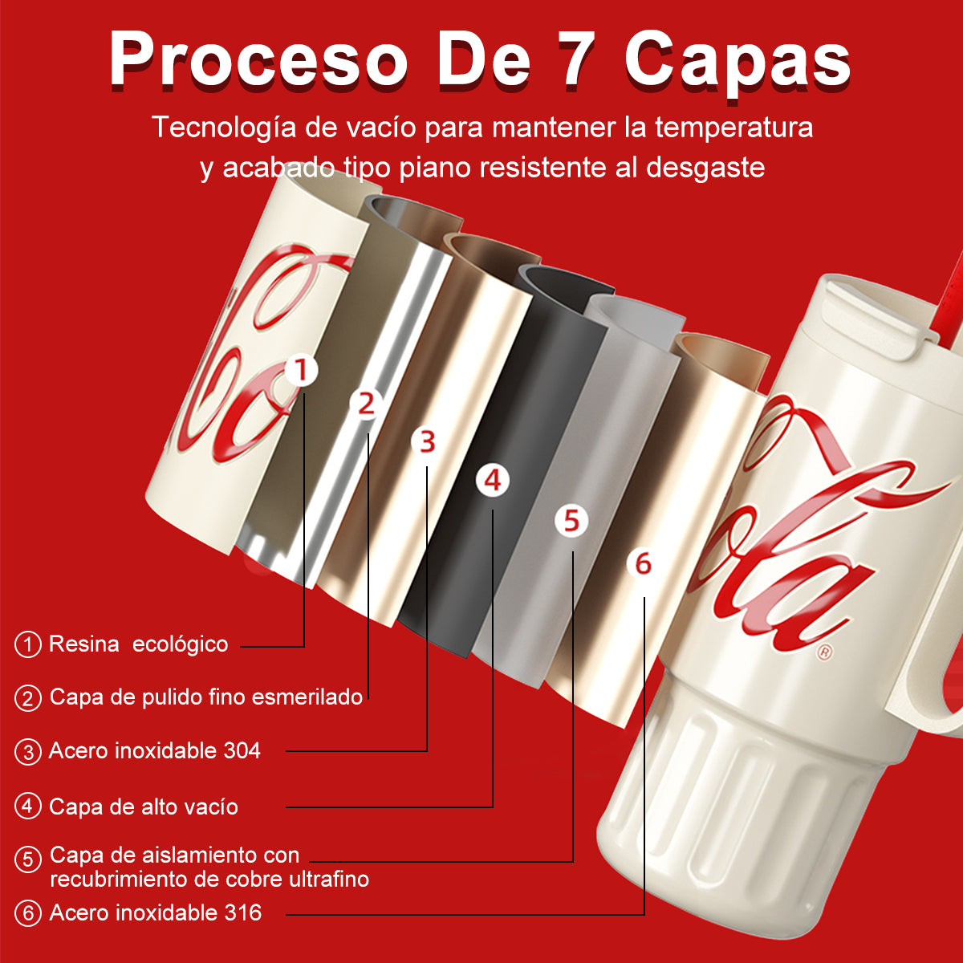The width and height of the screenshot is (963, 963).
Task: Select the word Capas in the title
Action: [x=737, y=60]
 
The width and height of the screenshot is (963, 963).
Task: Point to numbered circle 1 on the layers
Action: [x=302, y=371]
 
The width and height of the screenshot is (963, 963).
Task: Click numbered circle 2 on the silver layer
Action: [x=367, y=404]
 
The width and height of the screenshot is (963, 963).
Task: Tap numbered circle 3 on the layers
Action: [x=428, y=441]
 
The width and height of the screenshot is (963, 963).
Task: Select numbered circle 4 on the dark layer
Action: [x=493, y=481]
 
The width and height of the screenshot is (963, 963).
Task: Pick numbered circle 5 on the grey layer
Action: [x=571, y=521]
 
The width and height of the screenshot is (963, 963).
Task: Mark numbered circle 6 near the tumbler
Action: [x=643, y=564]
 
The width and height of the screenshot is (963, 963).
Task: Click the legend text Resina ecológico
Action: [x=138, y=644]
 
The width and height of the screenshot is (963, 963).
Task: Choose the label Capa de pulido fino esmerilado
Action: [x=206, y=697]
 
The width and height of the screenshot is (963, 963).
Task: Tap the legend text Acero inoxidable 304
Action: [x=155, y=751]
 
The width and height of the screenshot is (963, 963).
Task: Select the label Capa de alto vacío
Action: [x=144, y=807]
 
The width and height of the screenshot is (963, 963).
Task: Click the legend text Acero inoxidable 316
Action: [x=156, y=912]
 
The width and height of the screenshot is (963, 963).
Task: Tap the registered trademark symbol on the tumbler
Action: [x=824, y=653]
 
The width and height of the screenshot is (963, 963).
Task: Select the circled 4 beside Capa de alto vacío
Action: [x=28, y=807]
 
